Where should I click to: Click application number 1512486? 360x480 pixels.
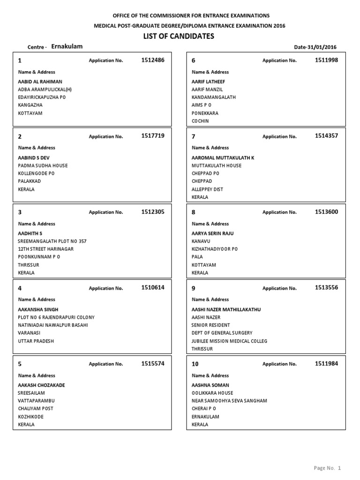tap(153, 60)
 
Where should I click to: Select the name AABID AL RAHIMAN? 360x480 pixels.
tap(40, 82)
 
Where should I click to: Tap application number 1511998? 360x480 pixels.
tap(326, 60)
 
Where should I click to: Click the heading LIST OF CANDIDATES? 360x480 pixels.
tap(179, 37)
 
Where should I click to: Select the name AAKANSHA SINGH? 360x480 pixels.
tap(38, 310)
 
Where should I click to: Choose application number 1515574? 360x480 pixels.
tap(153, 363)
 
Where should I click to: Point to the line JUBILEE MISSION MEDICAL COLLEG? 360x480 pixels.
tap(229, 341)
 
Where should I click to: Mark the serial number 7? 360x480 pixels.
tap(194, 137)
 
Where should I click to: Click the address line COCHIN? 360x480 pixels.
tap(200, 121)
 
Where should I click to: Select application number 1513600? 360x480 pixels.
tap(326, 212)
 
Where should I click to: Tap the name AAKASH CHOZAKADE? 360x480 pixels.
tap(41, 385)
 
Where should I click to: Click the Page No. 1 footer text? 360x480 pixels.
tap(327, 468)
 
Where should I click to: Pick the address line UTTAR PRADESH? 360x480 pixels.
tap(36, 341)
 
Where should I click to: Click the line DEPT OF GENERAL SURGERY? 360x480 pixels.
tap(222, 333)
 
